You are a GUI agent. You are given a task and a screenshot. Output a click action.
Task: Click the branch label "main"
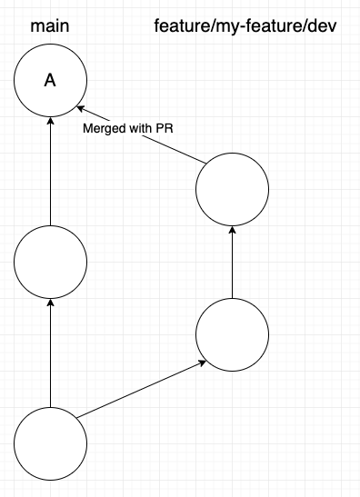click(x=50, y=25)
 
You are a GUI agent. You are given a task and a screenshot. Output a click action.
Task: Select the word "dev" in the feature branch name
click(x=322, y=25)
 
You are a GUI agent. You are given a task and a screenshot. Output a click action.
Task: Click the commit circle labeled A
click(x=50, y=81)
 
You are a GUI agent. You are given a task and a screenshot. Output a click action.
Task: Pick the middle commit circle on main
click(x=50, y=263)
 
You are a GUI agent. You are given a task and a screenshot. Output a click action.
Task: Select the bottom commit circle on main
click(x=50, y=442)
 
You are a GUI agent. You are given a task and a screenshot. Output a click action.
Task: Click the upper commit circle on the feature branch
click(x=232, y=190)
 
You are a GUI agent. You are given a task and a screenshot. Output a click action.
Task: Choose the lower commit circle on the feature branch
click(x=232, y=333)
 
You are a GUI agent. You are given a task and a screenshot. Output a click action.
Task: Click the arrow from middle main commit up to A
click(x=50, y=173)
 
